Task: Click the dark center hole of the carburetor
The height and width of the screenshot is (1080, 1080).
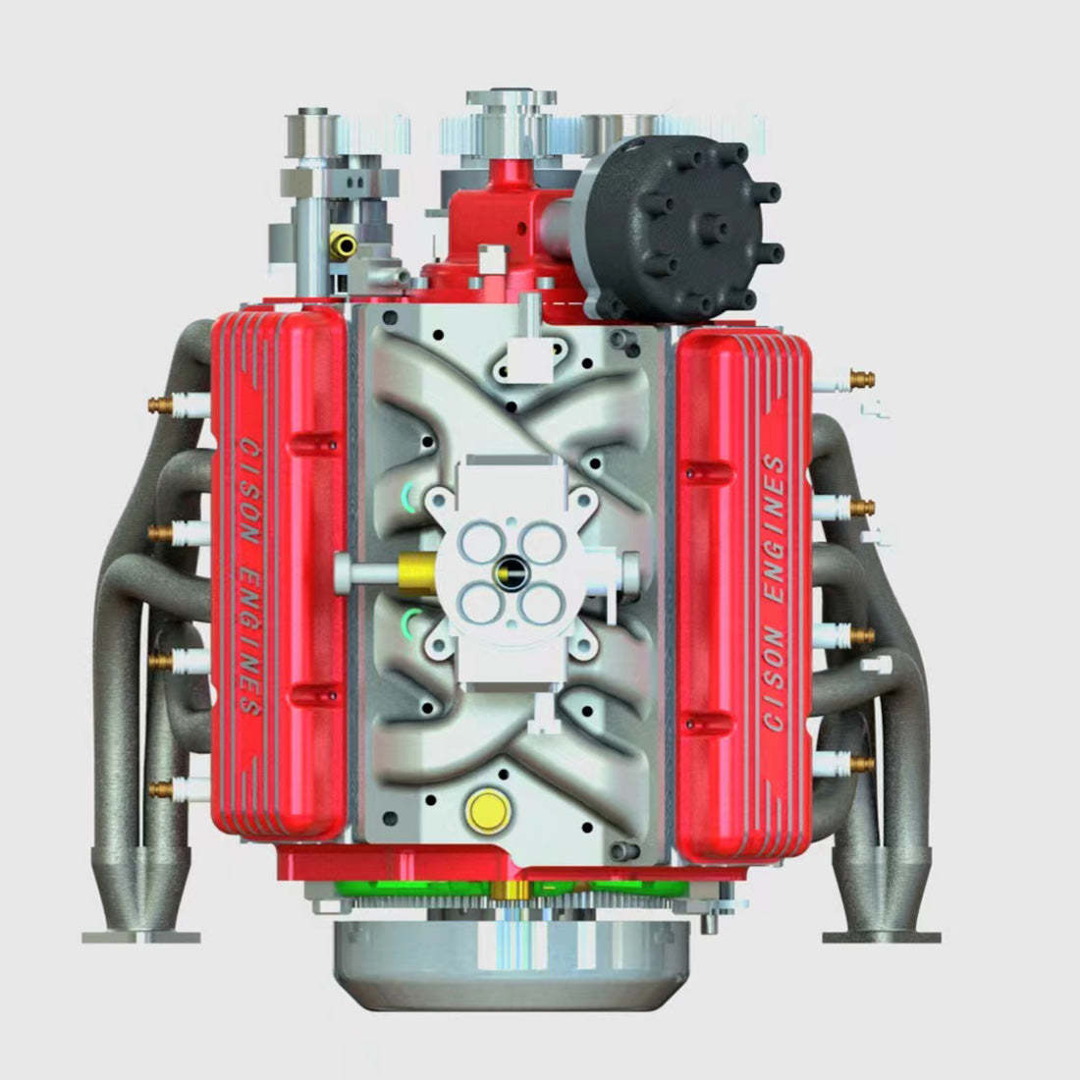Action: (513, 567)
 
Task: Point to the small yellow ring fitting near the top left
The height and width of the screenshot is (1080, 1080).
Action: (343, 243)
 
